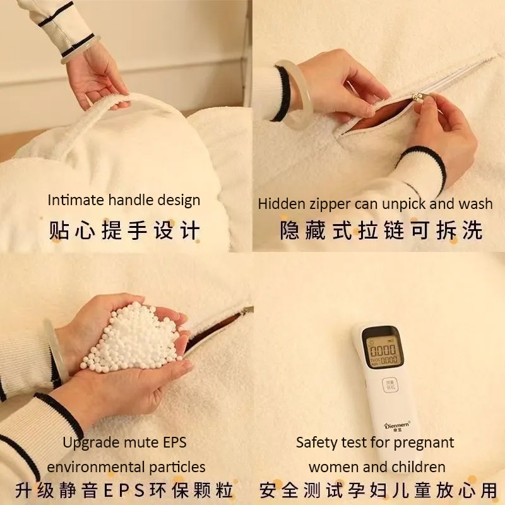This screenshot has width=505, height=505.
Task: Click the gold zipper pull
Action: point(419,97)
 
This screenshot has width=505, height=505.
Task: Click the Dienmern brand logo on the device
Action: point(398,425)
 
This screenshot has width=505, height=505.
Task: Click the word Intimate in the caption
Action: point(75,199)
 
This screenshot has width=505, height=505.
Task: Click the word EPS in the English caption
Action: point(175,442)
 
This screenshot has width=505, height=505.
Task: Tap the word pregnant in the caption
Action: point(424,443)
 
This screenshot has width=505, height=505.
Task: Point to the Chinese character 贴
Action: point(59,230)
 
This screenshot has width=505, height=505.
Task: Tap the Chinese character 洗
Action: point(472,230)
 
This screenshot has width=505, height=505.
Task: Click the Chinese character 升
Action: point(24,490)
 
